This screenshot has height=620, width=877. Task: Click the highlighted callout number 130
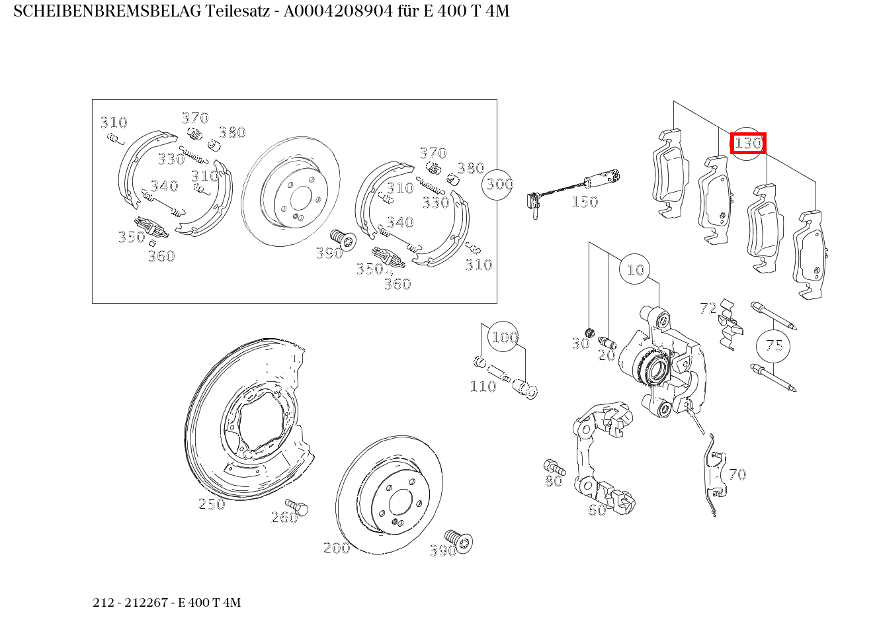(748, 143)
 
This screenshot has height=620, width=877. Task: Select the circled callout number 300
(499, 183)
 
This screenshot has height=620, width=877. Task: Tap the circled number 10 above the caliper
(635, 269)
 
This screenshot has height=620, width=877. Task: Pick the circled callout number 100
(504, 337)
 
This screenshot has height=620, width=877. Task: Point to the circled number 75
(774, 345)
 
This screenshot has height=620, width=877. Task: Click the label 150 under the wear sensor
(584, 202)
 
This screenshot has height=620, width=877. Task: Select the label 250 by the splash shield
(212, 504)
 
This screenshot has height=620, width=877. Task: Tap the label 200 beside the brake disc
(336, 548)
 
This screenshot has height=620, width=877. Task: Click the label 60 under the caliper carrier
(597, 510)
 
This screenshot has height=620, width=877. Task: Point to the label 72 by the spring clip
(708, 308)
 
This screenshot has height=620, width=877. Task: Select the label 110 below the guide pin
(482, 386)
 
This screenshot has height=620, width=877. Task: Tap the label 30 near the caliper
(580, 343)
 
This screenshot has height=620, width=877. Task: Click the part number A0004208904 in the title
(336, 11)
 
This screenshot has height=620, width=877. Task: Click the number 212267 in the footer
(149, 603)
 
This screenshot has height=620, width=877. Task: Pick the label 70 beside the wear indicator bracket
(737, 474)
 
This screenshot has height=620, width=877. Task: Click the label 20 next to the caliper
(606, 355)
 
